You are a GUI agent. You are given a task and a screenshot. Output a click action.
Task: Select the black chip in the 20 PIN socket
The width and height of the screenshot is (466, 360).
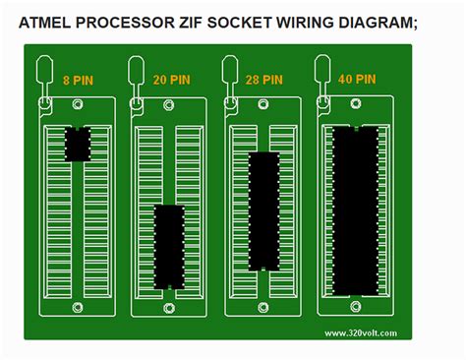point(169,246)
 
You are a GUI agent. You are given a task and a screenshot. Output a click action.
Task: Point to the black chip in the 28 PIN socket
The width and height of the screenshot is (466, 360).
point(262,210)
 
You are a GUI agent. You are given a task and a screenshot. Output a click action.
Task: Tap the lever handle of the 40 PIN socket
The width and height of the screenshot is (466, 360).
point(322,70)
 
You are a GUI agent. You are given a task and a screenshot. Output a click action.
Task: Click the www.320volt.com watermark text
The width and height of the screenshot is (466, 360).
point(359,333)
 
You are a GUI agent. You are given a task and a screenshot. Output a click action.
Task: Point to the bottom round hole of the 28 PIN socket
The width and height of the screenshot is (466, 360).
point(262,306)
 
